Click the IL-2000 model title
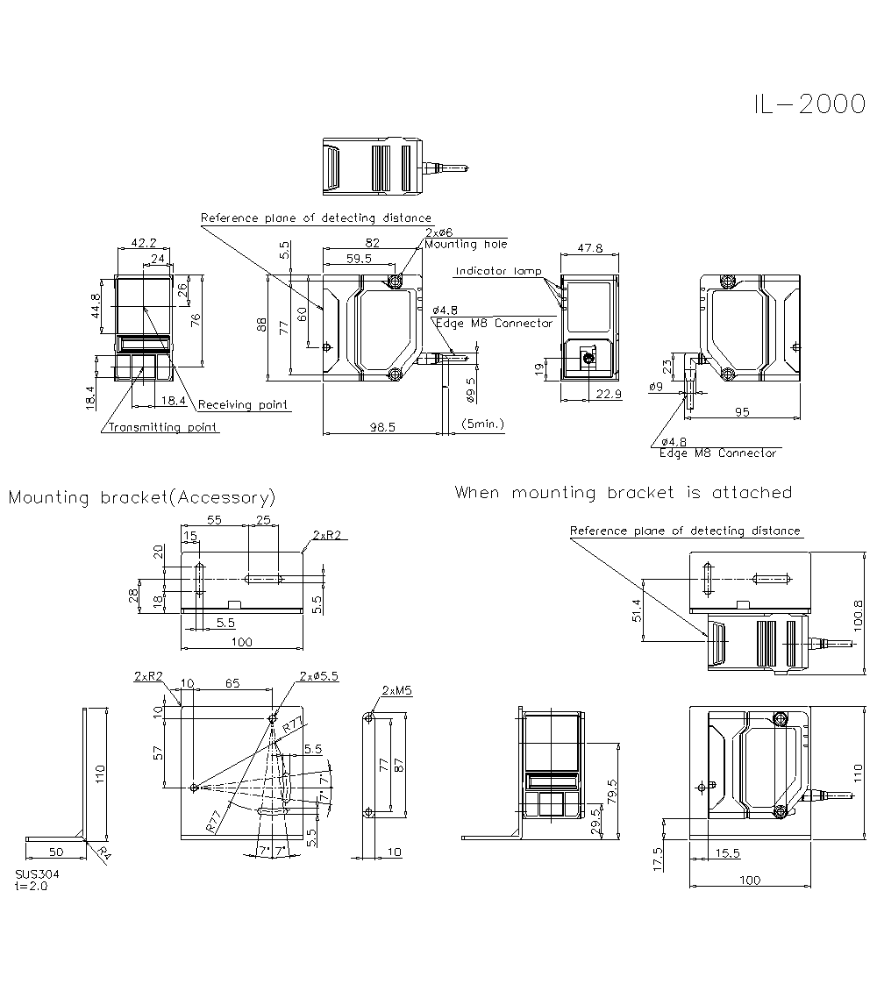tap(809, 104)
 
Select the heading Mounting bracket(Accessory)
tap(142, 497)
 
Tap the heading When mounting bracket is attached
tap(624, 493)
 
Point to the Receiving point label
tap(243, 405)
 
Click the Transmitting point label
tap(163, 427)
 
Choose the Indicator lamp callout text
tap(498, 271)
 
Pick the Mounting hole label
tap(466, 244)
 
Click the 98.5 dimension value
tap(382, 427)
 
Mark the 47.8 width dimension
tap(589, 248)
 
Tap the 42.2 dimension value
tap(144, 243)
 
